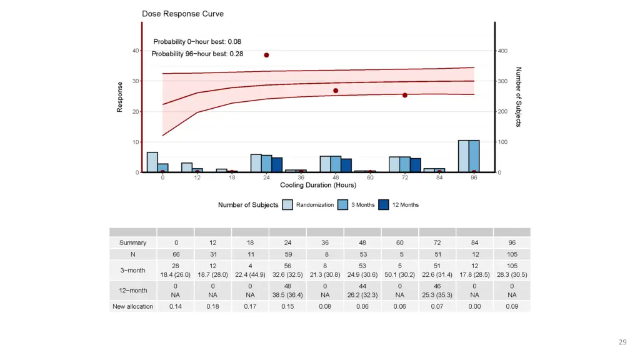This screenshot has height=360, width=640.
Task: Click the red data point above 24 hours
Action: (266, 55)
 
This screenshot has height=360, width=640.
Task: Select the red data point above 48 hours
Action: (336, 91)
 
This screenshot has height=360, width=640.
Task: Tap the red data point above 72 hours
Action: (405, 95)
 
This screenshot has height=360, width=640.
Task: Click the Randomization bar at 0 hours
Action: (152, 162)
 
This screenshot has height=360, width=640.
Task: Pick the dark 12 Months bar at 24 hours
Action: (277, 165)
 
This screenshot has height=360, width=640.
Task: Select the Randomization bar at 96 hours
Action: (463, 156)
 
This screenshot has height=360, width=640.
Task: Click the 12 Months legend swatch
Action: (384, 205)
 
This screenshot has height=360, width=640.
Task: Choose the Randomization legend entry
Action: (314, 205)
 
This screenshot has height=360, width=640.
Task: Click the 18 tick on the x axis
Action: (232, 177)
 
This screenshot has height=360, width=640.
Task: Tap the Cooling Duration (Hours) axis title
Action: (318, 186)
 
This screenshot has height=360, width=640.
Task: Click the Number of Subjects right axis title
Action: (518, 97)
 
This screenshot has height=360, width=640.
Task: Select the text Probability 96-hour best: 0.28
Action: (197, 54)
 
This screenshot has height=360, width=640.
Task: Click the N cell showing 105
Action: (511, 254)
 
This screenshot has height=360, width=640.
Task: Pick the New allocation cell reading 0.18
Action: (212, 306)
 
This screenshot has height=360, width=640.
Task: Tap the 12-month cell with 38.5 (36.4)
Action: (287, 289)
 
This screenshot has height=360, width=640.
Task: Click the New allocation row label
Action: (133, 306)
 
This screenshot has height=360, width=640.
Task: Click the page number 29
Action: (622, 342)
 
